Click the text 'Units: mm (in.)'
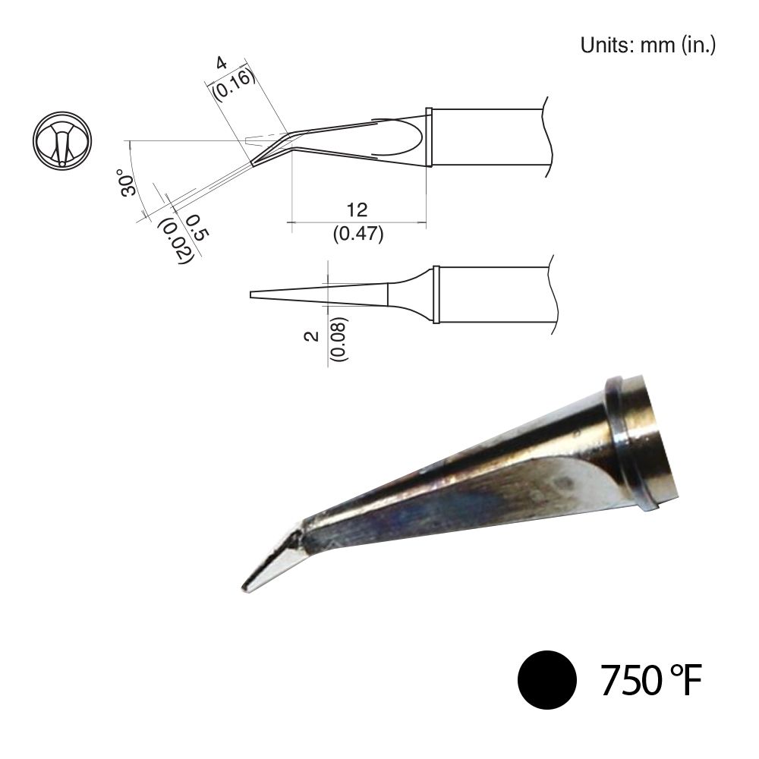pos(647,45)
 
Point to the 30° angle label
pos(128,181)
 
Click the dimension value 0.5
pos(194,226)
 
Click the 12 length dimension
pos(357,210)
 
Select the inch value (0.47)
pos(358,233)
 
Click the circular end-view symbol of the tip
pos(62,142)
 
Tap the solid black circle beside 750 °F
pos(546,679)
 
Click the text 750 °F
pos(649,680)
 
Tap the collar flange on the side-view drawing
pos(429,137)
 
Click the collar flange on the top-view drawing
pos(436,294)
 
